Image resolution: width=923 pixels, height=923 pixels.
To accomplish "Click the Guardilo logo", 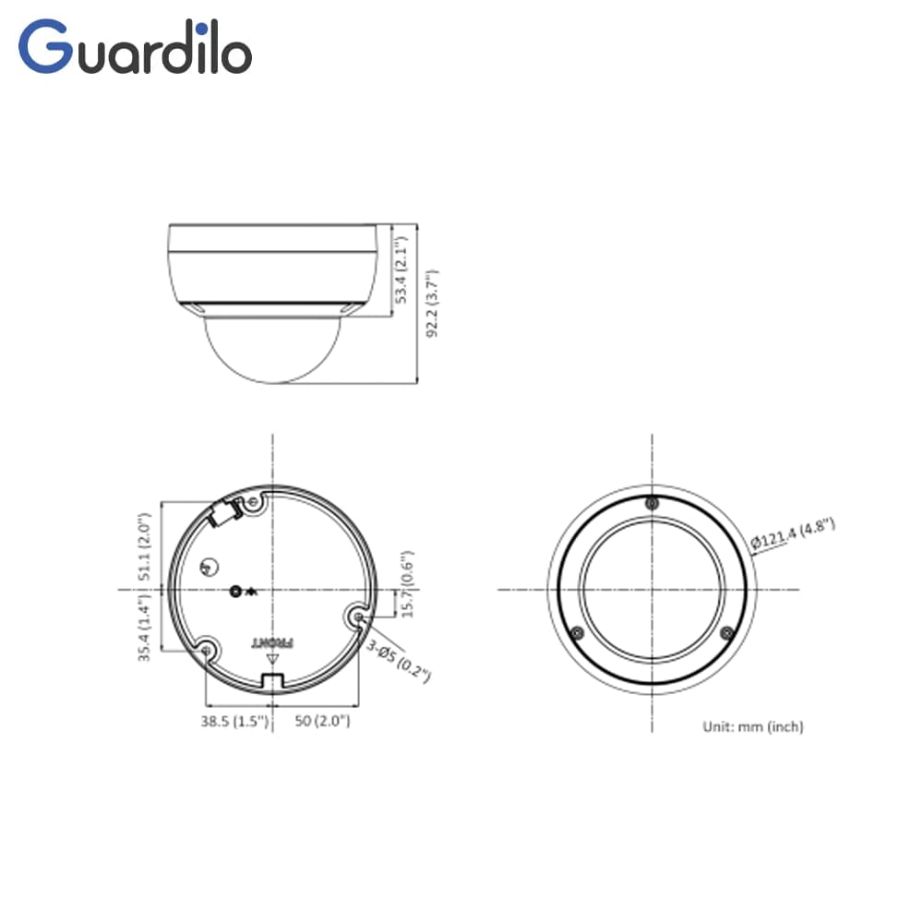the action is (x=135, y=46).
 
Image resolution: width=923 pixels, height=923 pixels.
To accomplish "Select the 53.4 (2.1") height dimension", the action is (x=401, y=270).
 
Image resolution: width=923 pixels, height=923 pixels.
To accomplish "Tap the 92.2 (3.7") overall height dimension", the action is (x=432, y=304).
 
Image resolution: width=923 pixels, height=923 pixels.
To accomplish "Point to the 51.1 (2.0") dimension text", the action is (x=145, y=546).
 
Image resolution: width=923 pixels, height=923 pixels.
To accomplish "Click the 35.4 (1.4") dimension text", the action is (x=145, y=628).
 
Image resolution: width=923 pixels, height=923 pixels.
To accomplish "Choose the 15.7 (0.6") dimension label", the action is (x=407, y=584).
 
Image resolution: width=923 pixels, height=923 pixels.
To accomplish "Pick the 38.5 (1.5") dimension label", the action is (x=234, y=721).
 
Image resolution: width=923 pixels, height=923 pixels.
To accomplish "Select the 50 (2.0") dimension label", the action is (x=322, y=721).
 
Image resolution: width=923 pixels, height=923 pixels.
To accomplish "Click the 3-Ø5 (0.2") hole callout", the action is (x=399, y=662).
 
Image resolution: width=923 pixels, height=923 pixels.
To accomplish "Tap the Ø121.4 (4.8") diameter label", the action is (x=793, y=533).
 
